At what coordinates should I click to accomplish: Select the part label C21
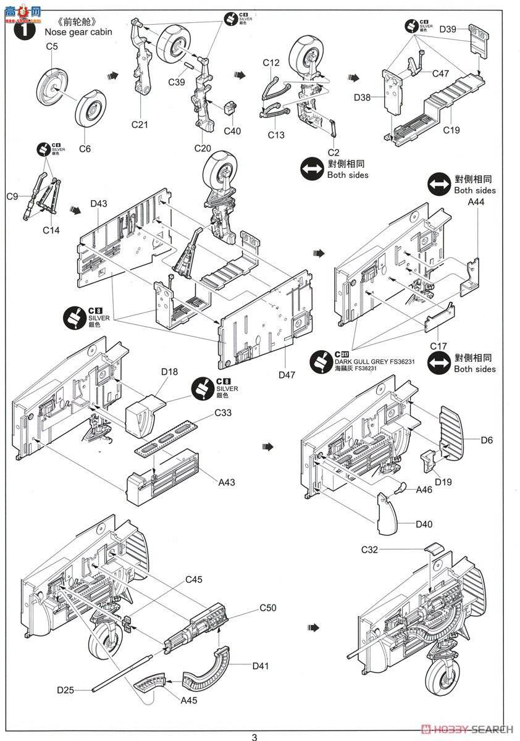click(x=140, y=124)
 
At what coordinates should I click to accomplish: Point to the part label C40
click(x=232, y=130)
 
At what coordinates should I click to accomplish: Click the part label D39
click(x=448, y=29)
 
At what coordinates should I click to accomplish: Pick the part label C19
click(x=451, y=130)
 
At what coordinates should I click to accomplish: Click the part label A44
click(x=476, y=202)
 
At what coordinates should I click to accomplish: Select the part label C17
click(x=438, y=346)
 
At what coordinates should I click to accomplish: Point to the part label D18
click(x=169, y=371)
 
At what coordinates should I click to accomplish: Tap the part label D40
click(x=424, y=524)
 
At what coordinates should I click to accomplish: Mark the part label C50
click(x=267, y=608)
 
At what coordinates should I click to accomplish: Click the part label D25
click(x=65, y=689)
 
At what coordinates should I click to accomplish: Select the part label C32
click(x=370, y=549)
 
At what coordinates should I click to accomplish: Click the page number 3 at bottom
click(x=254, y=736)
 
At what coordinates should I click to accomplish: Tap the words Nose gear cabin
click(x=78, y=31)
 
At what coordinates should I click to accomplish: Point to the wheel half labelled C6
click(x=92, y=115)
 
